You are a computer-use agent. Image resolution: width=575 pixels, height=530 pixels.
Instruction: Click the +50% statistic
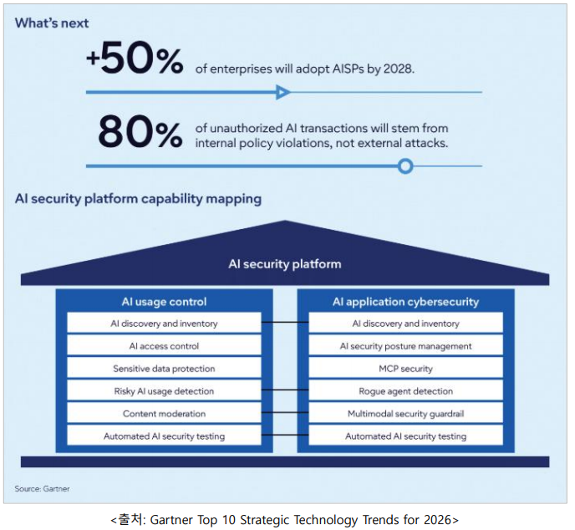[x=134, y=61]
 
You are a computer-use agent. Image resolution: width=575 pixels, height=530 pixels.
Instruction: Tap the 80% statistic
[x=140, y=133]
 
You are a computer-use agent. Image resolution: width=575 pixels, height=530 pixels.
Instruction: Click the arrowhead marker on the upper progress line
[x=283, y=92]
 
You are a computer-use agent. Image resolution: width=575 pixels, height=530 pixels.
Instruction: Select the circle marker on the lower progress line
[x=405, y=166]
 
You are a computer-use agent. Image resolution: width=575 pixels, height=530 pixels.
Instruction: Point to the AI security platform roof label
[x=285, y=263]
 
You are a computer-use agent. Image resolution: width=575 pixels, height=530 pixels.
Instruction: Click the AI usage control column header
[x=164, y=302]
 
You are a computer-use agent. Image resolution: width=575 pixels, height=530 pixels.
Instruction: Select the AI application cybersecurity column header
[x=406, y=302]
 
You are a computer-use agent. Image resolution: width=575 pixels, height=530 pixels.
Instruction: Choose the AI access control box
[x=164, y=345]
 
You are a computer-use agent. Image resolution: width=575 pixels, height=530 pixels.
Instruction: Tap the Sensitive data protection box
[x=164, y=368]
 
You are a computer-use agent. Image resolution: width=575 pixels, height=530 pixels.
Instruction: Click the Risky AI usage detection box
[x=164, y=390]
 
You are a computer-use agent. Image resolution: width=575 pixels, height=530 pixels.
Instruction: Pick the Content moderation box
[x=164, y=413]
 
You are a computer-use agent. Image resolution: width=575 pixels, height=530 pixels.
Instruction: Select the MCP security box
[x=406, y=368]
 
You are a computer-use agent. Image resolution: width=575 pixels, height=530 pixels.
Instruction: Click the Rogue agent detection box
[x=406, y=390]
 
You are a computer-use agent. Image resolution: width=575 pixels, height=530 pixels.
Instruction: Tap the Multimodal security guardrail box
[x=406, y=413]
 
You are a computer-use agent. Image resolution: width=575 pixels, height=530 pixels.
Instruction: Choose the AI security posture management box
[x=406, y=345]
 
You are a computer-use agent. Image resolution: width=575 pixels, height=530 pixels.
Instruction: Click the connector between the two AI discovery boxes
[x=285, y=323]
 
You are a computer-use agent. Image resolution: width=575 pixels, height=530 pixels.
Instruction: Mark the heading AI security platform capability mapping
[x=138, y=199]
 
